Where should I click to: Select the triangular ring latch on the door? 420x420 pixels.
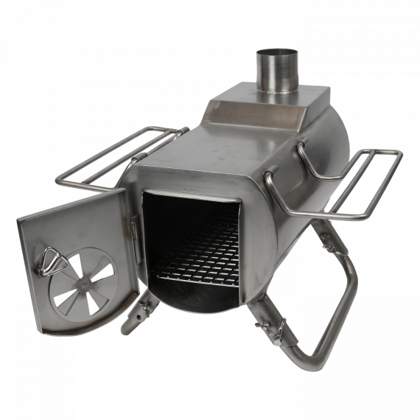click(49, 260)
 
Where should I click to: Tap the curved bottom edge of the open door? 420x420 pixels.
click(81, 328)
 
